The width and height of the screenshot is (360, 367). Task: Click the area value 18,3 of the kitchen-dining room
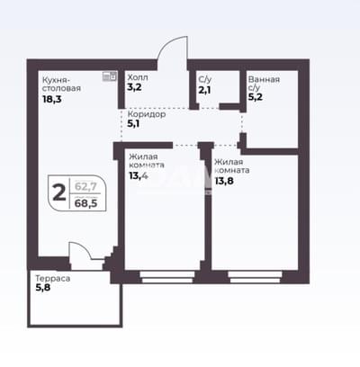click(x=52, y=99)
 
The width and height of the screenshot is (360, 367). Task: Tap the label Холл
click(x=138, y=77)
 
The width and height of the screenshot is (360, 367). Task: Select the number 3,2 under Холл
click(x=134, y=87)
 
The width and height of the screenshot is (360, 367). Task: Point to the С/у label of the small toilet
click(x=205, y=79)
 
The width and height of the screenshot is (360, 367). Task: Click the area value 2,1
click(x=204, y=90)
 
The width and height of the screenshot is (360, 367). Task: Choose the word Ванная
click(x=264, y=79)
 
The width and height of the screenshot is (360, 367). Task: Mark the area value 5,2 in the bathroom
click(x=256, y=97)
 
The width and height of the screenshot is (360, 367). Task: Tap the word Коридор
click(x=147, y=114)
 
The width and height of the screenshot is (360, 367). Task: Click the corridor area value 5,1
click(x=133, y=123)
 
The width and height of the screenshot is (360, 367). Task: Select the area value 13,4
click(x=139, y=175)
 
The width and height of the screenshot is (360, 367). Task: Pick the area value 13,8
click(x=224, y=181)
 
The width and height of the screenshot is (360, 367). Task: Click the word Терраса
click(x=53, y=279)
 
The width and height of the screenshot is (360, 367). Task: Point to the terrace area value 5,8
click(x=43, y=288)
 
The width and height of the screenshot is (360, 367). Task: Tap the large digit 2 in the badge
click(x=59, y=192)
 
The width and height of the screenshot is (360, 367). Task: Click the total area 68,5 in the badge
click(x=86, y=203)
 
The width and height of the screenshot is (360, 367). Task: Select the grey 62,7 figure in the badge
click(x=85, y=186)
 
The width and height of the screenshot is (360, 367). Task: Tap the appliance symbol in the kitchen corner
click(x=110, y=76)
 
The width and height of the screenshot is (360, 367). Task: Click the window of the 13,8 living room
click(x=256, y=277)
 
